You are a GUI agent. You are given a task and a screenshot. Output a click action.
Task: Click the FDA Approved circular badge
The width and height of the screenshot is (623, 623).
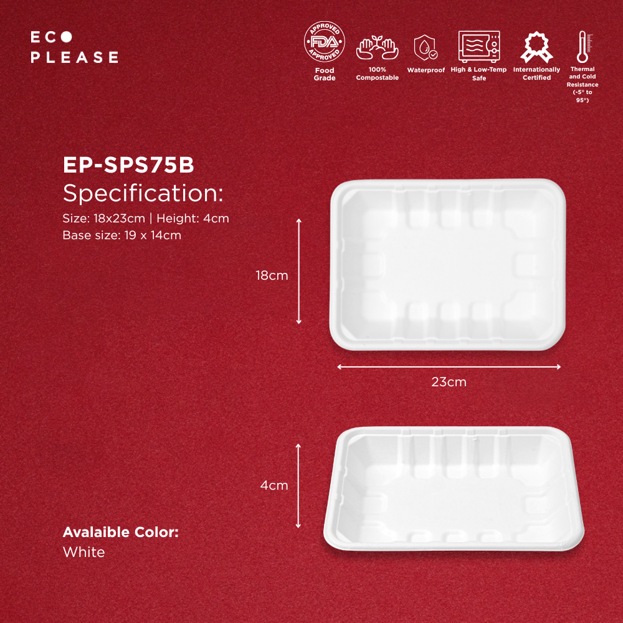coord(324,42)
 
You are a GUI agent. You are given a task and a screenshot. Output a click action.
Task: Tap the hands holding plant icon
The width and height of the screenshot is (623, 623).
coord(377,48)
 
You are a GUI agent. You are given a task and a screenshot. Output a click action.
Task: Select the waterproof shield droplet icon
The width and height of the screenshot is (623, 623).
coord(426,48)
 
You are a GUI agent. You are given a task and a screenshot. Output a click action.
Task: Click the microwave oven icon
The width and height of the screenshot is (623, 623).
coord(478,47)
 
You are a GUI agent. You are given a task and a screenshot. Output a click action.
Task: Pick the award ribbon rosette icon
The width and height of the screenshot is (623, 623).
coord(536,47)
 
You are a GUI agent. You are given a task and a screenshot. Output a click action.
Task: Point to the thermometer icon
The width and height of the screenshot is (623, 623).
coord(584,47)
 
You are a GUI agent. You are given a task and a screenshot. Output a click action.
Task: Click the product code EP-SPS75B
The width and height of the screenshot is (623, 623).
coord(128,164)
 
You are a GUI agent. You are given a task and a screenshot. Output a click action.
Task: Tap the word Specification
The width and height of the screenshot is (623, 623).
coord(143,193)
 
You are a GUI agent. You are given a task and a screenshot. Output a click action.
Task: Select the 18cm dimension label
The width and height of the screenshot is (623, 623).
coord(272,275)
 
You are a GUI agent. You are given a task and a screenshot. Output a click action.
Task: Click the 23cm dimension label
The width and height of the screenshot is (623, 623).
coord(449,382)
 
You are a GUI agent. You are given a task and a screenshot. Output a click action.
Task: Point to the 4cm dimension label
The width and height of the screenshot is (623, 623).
coord(273,485)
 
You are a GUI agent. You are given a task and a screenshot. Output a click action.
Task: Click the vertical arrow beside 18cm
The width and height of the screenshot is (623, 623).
coord(299,272)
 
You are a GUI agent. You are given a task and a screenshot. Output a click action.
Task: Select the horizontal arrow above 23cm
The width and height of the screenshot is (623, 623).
coord(449,367)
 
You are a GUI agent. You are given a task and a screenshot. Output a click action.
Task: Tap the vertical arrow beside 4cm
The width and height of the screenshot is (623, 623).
coord(298,486)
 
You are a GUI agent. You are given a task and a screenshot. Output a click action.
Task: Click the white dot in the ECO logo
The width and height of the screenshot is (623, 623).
coord(67,37)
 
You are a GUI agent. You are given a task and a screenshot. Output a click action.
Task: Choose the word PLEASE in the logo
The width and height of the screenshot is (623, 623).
coord(74,57)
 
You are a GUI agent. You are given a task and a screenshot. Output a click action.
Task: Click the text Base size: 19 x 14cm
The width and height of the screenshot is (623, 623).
coord(122,235)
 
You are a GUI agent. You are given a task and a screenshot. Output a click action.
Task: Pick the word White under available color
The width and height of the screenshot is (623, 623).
coord(84,552)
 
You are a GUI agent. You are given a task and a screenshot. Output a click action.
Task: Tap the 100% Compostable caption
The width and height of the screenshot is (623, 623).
coord(377,74)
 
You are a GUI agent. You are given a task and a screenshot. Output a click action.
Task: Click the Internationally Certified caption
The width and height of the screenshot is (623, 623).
coord(536,74)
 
